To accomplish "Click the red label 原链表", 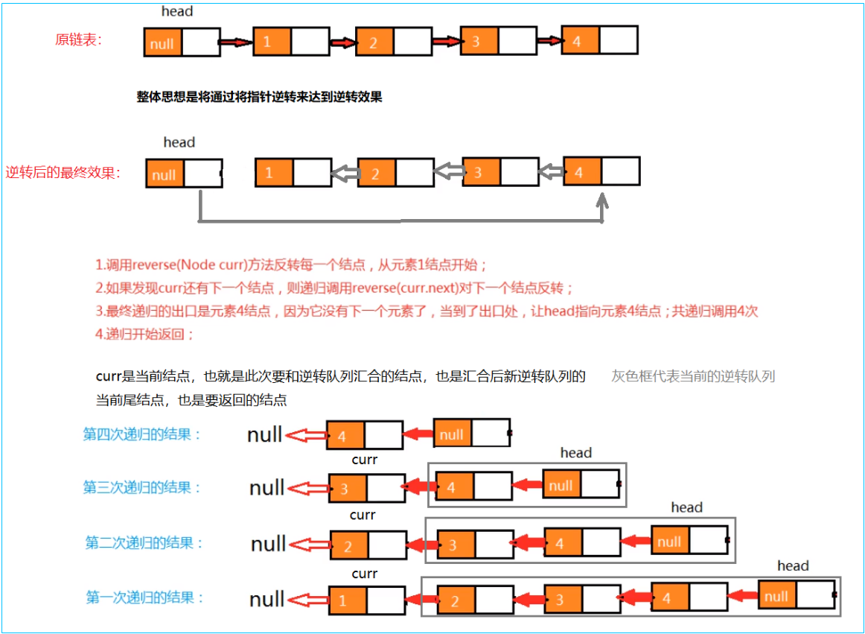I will [78, 40].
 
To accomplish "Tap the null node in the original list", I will [162, 43].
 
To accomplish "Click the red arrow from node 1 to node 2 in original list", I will [343, 42].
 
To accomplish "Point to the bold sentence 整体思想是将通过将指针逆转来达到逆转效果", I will [259, 97].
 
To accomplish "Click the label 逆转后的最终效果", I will [64, 174].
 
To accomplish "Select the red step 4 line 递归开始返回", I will [144, 335].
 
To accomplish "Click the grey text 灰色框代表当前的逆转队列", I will [693, 376].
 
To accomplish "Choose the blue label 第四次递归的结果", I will [142, 434].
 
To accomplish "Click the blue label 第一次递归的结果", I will [145, 597].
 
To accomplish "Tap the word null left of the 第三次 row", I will [267, 488].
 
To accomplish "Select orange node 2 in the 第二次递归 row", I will [348, 546].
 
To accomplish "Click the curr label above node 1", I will [364, 574].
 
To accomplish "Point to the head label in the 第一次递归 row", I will [792, 566].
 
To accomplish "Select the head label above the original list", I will [177, 11].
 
